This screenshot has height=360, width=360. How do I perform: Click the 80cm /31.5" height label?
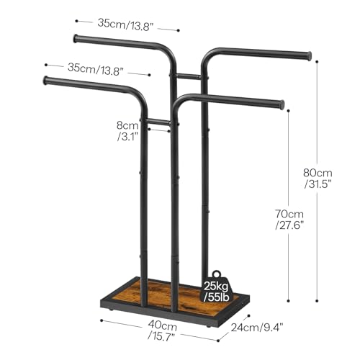[318, 179]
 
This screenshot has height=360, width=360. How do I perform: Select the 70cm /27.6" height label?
[289, 220]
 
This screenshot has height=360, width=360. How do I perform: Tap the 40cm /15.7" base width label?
[162, 330]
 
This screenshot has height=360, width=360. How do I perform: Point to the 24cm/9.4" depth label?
[257, 327]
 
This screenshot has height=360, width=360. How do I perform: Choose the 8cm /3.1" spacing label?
[127, 131]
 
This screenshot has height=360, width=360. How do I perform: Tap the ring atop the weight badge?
[216, 274]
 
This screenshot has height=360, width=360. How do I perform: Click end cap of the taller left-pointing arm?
[76, 39]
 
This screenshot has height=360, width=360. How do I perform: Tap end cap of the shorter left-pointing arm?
[46, 81]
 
